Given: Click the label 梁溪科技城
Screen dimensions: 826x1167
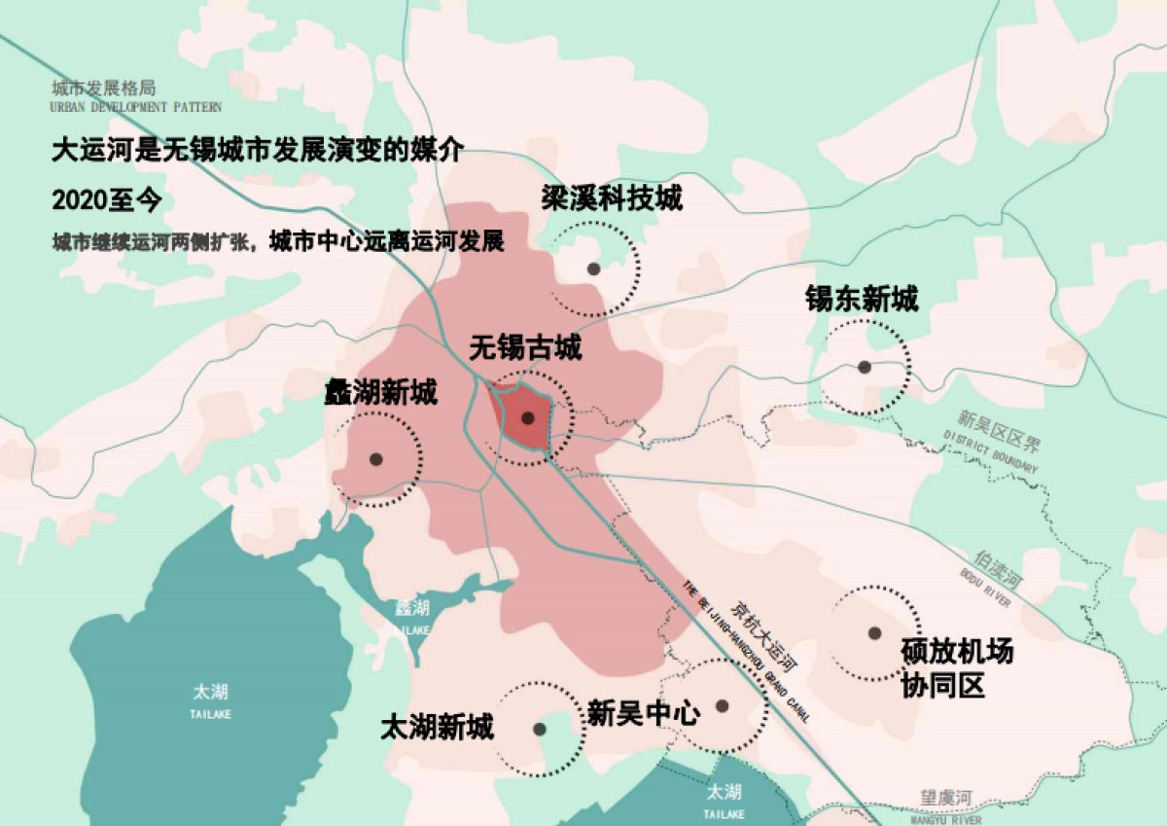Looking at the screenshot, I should click(x=612, y=198).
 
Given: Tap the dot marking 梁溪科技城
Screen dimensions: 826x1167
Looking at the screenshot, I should click(x=592, y=269).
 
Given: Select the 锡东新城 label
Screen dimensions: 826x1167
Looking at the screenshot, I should click(x=861, y=299).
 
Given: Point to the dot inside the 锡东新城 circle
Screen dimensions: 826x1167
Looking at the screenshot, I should click(x=864, y=367).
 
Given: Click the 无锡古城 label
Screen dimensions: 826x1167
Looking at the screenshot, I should click(x=525, y=347).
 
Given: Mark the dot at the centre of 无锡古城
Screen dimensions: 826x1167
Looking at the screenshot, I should click(x=527, y=418).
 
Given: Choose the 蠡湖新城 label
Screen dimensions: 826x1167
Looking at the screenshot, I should click(x=380, y=393).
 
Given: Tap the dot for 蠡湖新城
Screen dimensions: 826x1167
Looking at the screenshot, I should click(x=375, y=459).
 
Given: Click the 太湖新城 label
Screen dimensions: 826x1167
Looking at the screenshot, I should click(x=437, y=727).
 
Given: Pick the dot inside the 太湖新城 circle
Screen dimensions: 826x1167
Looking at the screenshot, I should click(x=540, y=729).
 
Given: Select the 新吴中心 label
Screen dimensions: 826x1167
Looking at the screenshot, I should click(x=644, y=714).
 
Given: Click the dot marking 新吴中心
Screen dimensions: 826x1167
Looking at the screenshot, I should click(x=722, y=706).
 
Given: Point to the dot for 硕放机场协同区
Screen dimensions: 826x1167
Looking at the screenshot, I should click(x=874, y=633).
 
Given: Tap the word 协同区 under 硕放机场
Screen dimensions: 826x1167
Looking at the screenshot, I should click(x=942, y=686).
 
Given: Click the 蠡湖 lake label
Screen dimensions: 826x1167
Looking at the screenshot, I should click(x=412, y=609).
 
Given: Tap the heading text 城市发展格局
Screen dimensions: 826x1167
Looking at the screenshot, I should click(x=106, y=89).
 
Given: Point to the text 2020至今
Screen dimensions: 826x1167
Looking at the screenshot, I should click(x=106, y=200).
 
